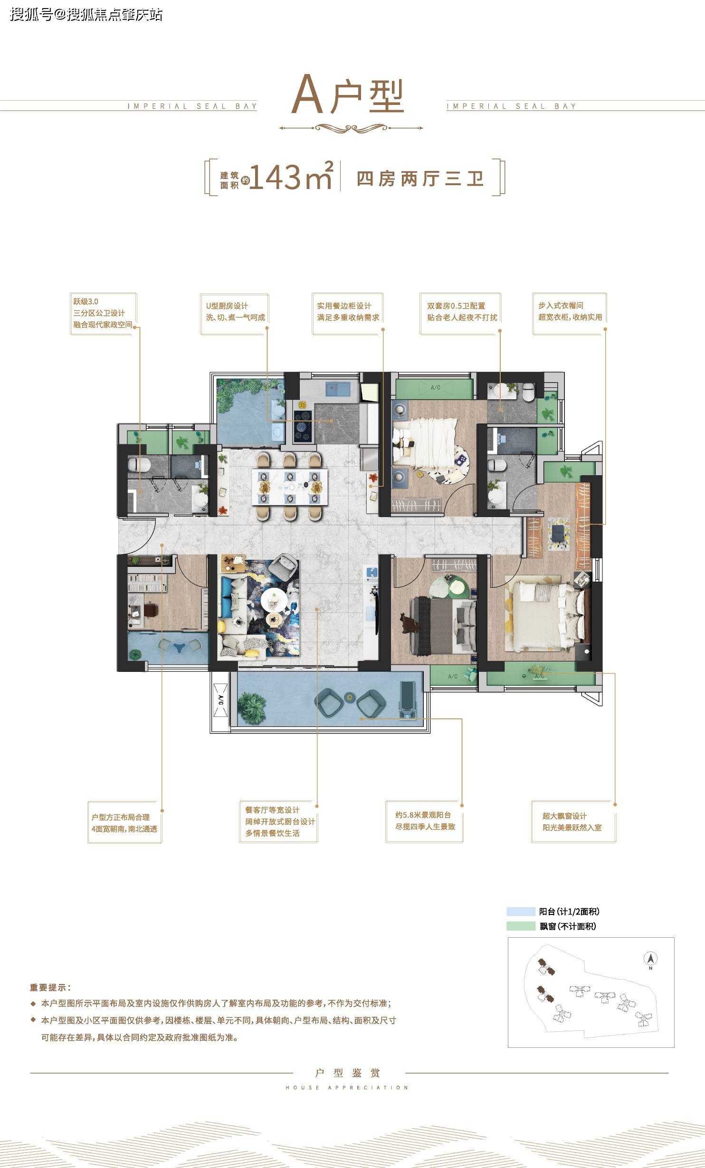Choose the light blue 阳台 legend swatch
pyautogui.click(x=521, y=912)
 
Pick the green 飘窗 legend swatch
pyautogui.click(x=521, y=926)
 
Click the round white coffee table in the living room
pyautogui.click(x=274, y=599)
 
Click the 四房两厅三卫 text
pyautogui.click(x=420, y=179)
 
